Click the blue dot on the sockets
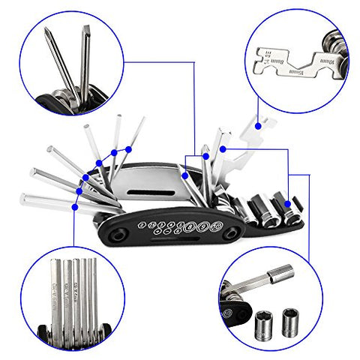pyautogui.click(x=288, y=202)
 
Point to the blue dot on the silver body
pyautogui.click(x=184, y=175)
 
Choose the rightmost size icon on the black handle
pyautogui.click(x=214, y=227)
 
